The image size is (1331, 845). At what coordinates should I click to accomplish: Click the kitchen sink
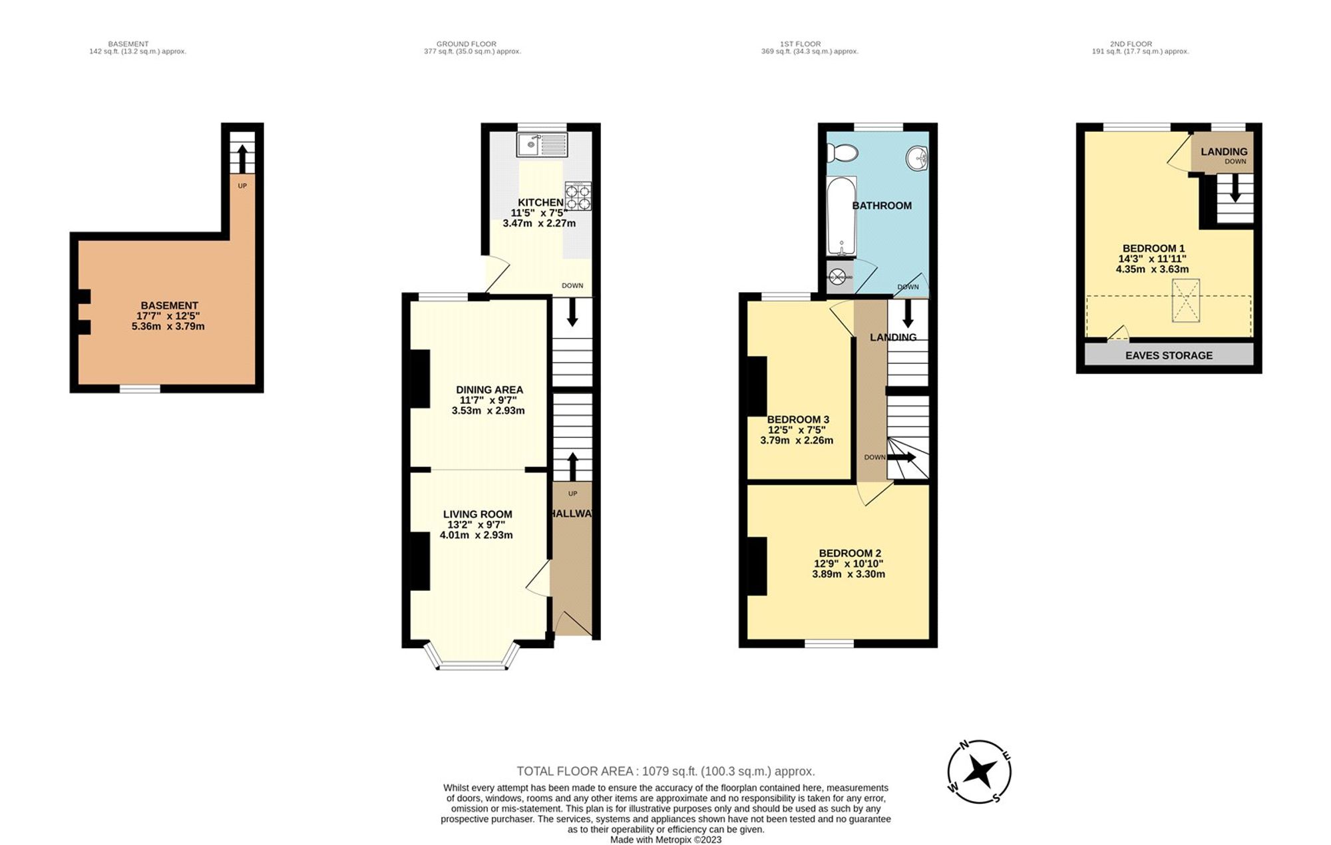click(542, 144)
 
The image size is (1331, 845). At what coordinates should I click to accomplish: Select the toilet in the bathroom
click(841, 154)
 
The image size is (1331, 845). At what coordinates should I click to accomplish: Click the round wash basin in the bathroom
click(918, 158)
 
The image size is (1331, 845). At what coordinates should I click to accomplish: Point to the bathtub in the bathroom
click(841, 216)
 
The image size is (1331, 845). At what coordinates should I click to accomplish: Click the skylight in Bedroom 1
click(1185, 301)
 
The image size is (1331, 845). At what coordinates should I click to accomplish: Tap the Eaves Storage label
click(1169, 355)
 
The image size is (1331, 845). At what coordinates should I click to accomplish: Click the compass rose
click(980, 772)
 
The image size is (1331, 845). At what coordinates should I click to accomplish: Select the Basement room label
click(169, 305)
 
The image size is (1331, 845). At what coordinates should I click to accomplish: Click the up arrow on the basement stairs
click(242, 158)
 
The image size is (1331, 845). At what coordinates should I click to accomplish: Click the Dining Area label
click(489, 390)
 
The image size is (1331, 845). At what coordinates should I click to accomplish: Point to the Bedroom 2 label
click(849, 553)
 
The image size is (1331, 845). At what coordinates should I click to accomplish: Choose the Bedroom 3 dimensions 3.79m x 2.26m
click(797, 440)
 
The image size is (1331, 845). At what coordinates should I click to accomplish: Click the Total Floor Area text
click(665, 771)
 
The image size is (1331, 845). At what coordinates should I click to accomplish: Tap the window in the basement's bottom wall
click(140, 388)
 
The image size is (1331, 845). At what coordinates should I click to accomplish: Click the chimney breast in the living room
click(419, 561)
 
